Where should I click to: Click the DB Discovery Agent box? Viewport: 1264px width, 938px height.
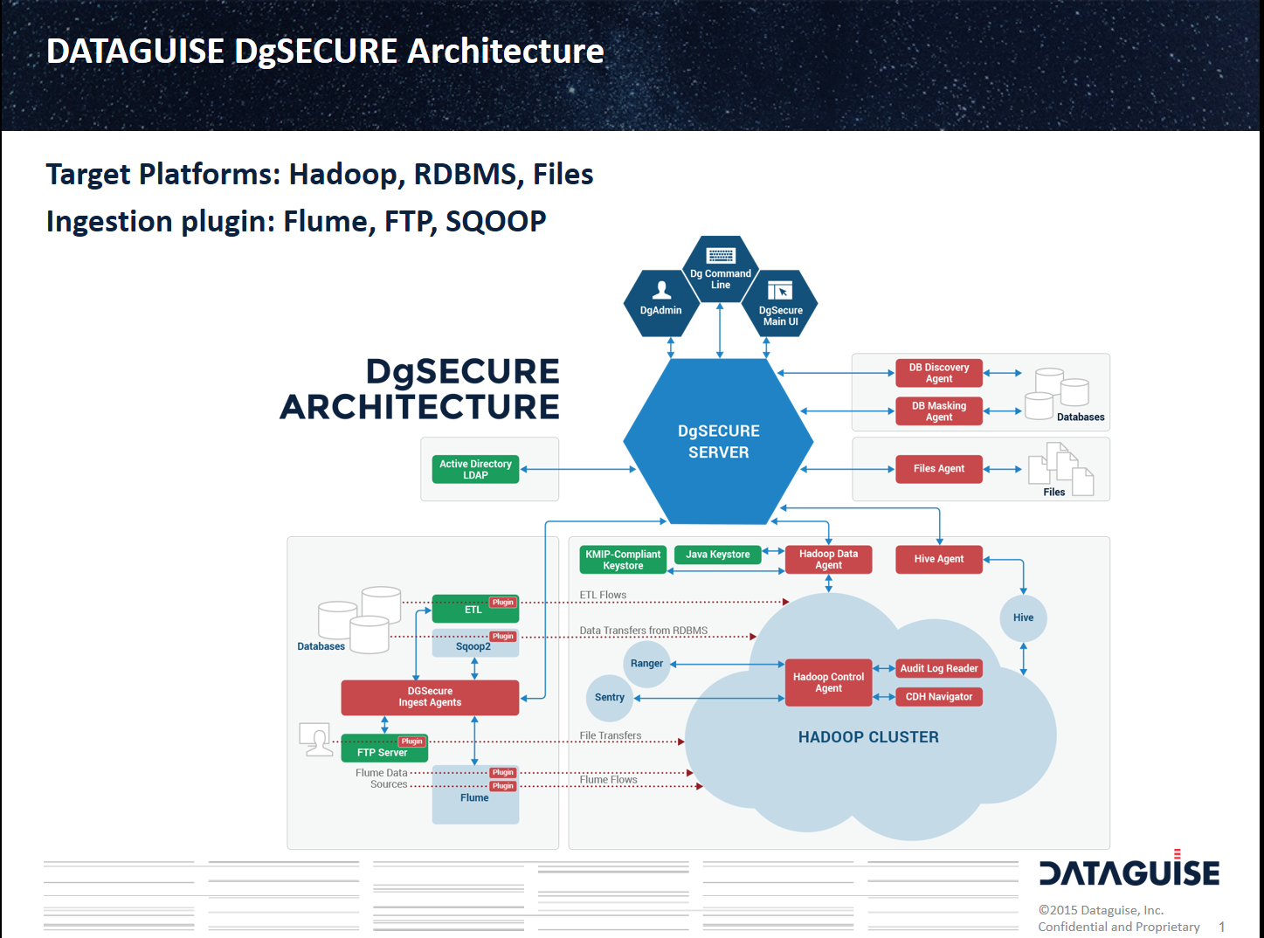(939, 373)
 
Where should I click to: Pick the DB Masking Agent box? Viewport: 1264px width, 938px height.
(939, 411)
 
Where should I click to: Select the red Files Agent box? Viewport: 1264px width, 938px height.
(939, 469)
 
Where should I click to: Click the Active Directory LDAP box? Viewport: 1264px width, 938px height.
(475, 469)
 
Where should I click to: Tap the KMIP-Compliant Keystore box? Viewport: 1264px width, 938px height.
(623, 560)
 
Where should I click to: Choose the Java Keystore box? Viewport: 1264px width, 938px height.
(717, 555)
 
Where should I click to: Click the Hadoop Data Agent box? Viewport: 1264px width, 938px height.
(828, 560)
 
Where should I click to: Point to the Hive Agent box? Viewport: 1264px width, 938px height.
(939, 559)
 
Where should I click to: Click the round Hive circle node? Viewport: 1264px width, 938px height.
(1023, 617)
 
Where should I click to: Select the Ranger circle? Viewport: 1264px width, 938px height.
(646, 664)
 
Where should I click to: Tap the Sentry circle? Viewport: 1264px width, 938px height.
(610, 698)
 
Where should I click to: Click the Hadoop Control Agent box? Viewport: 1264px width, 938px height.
(828, 683)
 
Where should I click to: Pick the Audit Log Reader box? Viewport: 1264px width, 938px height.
(939, 669)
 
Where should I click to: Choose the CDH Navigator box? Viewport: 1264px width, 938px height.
(939, 697)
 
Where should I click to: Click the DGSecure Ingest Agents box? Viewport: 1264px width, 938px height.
(430, 697)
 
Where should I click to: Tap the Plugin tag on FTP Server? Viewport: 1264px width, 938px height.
(411, 741)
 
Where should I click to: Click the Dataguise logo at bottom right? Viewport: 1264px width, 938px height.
(1129, 872)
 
